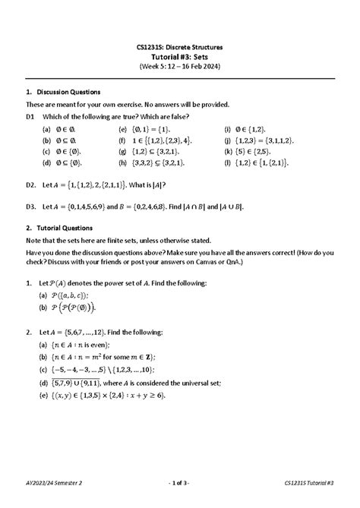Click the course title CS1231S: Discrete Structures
180,48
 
